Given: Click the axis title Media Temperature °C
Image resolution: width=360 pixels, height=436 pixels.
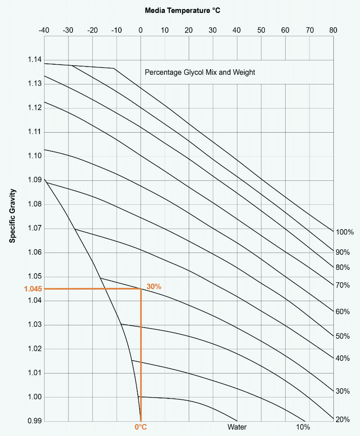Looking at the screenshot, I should point(183,10).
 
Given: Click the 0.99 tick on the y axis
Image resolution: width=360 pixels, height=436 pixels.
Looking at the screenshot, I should point(34,421).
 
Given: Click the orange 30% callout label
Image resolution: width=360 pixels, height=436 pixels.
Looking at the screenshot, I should point(154,286).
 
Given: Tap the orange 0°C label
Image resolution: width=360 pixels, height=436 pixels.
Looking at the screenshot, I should point(141,427).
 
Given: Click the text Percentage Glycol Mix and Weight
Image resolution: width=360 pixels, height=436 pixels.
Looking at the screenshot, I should point(200,73).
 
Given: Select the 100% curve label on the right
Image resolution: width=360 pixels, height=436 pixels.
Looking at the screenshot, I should point(344,232).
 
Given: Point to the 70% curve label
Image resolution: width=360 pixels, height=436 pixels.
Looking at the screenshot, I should point(343,285).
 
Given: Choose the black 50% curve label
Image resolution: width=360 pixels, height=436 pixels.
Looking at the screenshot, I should point(343,336).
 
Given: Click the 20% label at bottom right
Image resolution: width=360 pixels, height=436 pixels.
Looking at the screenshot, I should point(343,419).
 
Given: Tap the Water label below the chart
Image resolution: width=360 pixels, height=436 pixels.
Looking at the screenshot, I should point(237,427).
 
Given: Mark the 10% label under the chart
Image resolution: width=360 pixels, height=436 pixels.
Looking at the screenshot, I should point(303,427).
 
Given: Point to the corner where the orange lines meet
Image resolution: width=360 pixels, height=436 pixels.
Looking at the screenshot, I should point(141,289).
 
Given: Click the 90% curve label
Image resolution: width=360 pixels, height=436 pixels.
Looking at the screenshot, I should point(343,252).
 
